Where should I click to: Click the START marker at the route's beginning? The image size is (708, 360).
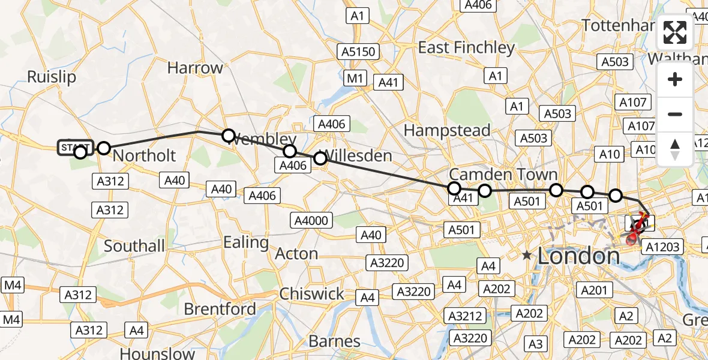coord(76,148)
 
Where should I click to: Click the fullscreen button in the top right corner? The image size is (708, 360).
coord(675,32)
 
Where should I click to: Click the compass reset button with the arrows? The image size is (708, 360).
coord(675,149)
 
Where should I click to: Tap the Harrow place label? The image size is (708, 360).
coord(195,68)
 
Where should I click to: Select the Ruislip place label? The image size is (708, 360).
coord(52,77)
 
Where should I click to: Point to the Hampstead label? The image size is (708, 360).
coord(447,130)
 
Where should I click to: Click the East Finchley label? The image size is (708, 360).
coord(466,47)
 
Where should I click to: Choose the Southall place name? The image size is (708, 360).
coord(134,246)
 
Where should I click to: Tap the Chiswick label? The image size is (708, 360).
coord(311,294)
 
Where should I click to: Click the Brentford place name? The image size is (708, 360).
coord(220,309)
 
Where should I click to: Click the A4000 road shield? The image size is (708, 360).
coord(311,220)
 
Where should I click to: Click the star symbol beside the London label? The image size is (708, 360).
coord(527,255)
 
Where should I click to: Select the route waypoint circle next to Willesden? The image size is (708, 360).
coord(320,158)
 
